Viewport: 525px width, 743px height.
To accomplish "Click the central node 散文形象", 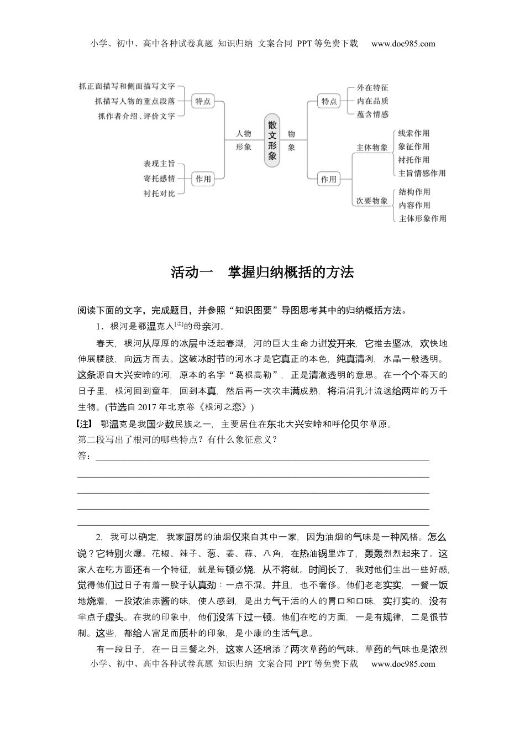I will [272, 140].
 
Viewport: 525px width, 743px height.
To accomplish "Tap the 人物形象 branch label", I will [244, 140].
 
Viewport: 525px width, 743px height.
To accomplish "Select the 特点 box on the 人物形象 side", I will [203, 101].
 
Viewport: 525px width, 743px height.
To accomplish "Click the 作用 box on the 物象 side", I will [329, 179].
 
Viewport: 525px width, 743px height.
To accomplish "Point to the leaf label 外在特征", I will [372, 87].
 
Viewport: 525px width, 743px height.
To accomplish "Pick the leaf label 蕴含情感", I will [372, 114].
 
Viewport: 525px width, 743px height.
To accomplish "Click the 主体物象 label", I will [372, 148].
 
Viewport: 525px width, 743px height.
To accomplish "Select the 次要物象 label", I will [372, 201].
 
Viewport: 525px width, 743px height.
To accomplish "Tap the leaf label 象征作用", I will [414, 146].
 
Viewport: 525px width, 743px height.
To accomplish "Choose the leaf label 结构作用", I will [414, 192].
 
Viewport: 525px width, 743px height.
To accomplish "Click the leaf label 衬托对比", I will [159, 193].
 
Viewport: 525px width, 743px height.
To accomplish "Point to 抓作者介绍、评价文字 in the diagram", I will [136, 116].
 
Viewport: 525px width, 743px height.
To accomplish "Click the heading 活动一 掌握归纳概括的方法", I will [262, 273].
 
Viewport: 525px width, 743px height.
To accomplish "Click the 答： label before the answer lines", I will [84, 456].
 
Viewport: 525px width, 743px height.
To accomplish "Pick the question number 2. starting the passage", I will [99, 537].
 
